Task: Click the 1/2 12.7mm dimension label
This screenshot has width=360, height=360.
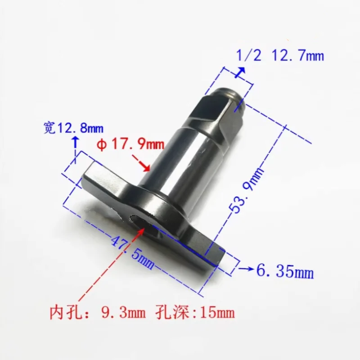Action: [x=280, y=56]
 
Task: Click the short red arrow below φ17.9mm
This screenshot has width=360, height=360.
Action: [x=142, y=163]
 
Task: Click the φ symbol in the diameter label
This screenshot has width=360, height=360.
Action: [x=103, y=145]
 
